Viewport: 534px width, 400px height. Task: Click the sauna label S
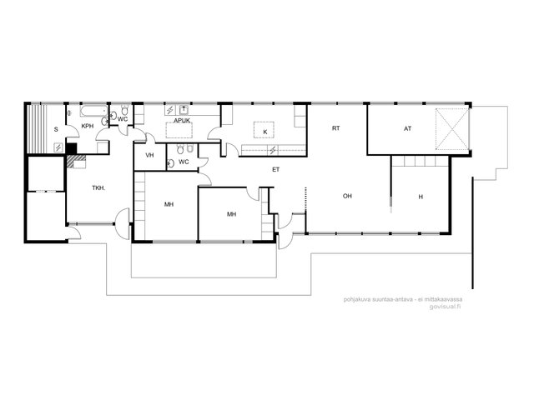coord(56,129)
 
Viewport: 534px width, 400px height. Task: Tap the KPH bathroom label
coord(88,126)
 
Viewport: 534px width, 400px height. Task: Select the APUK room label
coord(182,120)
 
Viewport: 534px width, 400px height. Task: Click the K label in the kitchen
coord(265,132)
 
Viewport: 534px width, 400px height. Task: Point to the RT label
coord(335,128)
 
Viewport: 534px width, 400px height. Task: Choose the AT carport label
coord(408,128)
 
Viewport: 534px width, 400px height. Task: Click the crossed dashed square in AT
coord(452,129)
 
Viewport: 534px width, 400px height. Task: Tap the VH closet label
coord(149,155)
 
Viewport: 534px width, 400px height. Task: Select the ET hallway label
coord(275,169)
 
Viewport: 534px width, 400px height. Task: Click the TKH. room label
coord(98,187)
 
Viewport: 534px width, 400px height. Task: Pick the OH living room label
coord(347,196)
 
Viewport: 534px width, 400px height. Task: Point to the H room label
coord(421,197)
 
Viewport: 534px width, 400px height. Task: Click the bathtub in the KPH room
coord(94,111)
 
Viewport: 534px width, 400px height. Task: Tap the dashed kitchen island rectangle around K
coord(264,130)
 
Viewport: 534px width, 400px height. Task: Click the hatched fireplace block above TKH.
coord(76,162)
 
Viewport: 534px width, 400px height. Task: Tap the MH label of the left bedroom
coord(169,204)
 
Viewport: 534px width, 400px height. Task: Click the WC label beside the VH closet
coord(184,162)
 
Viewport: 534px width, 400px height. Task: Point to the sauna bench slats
coord(37,129)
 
